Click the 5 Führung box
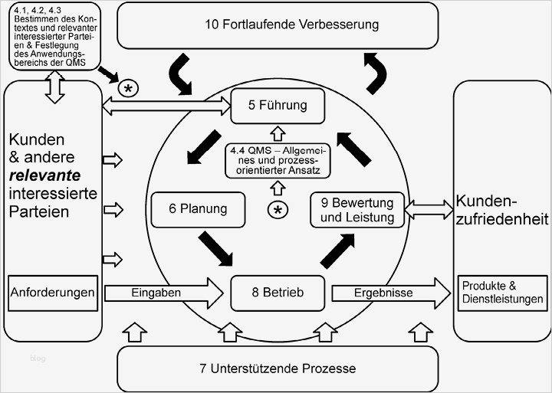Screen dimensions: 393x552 278,106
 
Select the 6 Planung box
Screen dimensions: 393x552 199,208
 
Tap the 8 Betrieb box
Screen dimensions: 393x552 278,293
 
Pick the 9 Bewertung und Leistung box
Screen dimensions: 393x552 356,210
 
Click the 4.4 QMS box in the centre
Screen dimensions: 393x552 278,160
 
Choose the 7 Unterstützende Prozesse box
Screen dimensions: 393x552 278,368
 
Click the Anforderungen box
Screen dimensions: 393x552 52,293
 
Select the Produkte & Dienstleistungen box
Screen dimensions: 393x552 502,293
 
